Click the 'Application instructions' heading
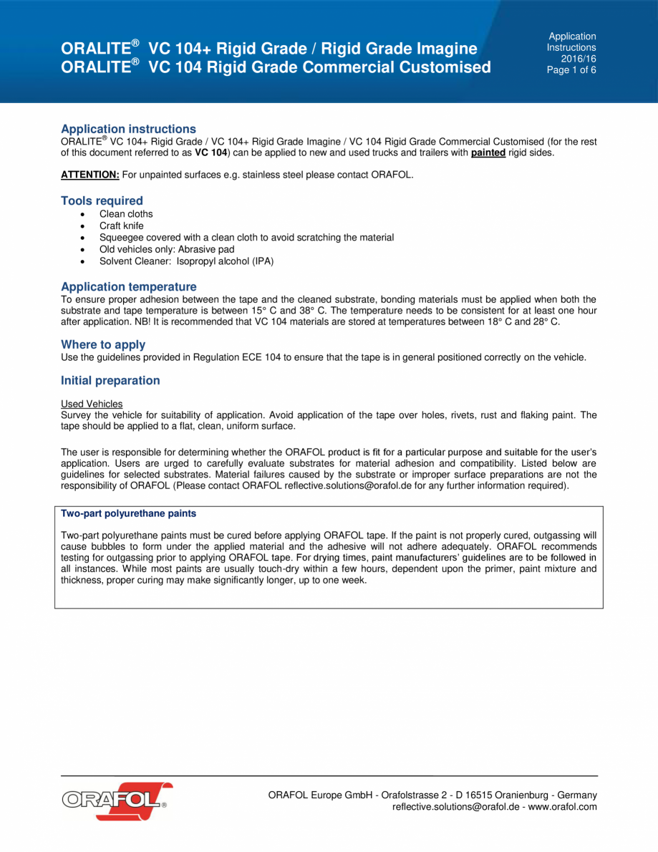[x=128, y=129]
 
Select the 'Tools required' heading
[x=102, y=200]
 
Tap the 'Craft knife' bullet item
[x=121, y=226]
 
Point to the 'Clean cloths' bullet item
[x=125, y=214]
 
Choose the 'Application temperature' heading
[x=128, y=286]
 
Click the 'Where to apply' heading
[x=103, y=344]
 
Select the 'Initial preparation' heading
[x=110, y=380]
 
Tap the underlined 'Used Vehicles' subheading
[x=92, y=404]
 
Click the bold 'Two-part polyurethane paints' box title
[x=128, y=513]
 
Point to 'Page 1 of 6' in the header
[x=571, y=70]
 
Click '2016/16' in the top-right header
[x=579, y=59]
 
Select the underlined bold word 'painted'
[x=488, y=153]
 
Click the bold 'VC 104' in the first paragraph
[x=211, y=153]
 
